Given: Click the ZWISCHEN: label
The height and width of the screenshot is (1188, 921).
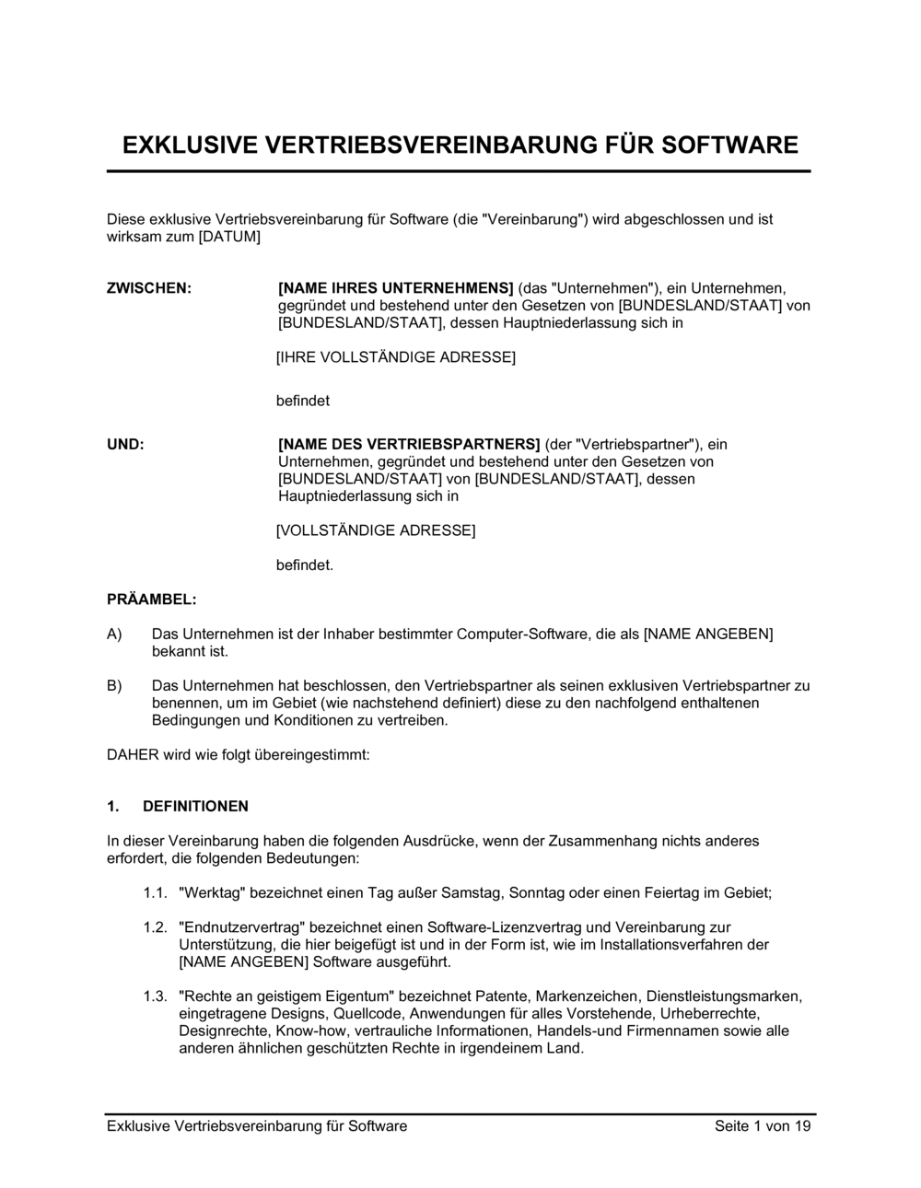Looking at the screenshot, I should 149,288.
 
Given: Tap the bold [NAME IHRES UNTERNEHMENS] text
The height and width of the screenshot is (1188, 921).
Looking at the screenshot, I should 396,288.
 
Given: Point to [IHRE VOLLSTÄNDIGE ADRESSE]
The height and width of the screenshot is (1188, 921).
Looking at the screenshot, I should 396,357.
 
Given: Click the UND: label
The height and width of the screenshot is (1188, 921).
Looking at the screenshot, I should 125,445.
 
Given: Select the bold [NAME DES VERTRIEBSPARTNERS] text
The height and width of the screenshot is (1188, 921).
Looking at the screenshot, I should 409,445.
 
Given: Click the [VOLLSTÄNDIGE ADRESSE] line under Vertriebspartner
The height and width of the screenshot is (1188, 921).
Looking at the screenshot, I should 376,530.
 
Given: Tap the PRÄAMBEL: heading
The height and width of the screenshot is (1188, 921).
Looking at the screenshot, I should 151,600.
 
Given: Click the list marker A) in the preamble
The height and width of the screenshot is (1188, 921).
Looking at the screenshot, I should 114,635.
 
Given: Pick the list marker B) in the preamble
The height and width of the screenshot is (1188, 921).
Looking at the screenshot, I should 114,686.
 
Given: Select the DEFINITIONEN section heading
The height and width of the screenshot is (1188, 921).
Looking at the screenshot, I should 195,807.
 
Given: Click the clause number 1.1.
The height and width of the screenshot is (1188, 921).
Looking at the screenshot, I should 155,893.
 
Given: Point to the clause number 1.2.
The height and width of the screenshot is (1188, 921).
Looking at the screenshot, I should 155,927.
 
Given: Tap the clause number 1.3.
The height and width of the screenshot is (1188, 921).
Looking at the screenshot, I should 155,996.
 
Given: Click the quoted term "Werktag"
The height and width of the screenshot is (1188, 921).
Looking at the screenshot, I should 212,893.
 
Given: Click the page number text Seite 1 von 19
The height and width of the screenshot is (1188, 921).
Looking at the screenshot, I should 763,1126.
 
